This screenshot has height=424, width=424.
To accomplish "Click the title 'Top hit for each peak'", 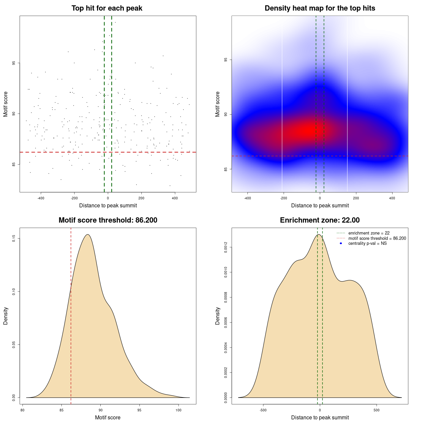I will click(107, 8).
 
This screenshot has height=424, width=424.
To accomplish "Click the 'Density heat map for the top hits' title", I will click(320, 8).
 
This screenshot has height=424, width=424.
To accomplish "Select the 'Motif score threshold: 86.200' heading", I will click(108, 220).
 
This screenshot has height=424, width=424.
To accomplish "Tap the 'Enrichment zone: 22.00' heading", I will click(320, 220).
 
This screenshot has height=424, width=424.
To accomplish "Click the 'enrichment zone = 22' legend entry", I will click(369, 233).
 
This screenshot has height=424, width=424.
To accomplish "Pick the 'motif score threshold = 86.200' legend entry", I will click(377, 238).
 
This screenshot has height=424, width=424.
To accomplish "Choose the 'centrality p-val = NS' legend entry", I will click(367, 243).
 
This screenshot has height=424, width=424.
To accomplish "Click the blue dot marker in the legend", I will click(341, 243).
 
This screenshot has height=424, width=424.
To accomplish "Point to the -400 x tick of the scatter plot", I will click(41, 198).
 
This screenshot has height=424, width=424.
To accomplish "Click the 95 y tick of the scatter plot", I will click(14, 63).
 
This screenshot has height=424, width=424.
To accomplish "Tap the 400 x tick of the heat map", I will click(392, 198).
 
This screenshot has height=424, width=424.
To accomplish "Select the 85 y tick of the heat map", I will click(226, 169).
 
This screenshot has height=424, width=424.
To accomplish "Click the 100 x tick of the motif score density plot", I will click(179, 410).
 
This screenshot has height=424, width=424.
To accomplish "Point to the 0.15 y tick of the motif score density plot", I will click(14, 238).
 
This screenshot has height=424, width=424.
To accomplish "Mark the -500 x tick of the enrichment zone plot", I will click(263, 410).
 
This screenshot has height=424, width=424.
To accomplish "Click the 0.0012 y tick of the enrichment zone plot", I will click(226, 247).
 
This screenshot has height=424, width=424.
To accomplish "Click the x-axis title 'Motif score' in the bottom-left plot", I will click(108, 418).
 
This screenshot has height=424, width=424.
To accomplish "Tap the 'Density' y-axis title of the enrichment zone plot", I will click(218, 316).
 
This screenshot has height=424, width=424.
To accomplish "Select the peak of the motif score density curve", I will click(87, 235).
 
